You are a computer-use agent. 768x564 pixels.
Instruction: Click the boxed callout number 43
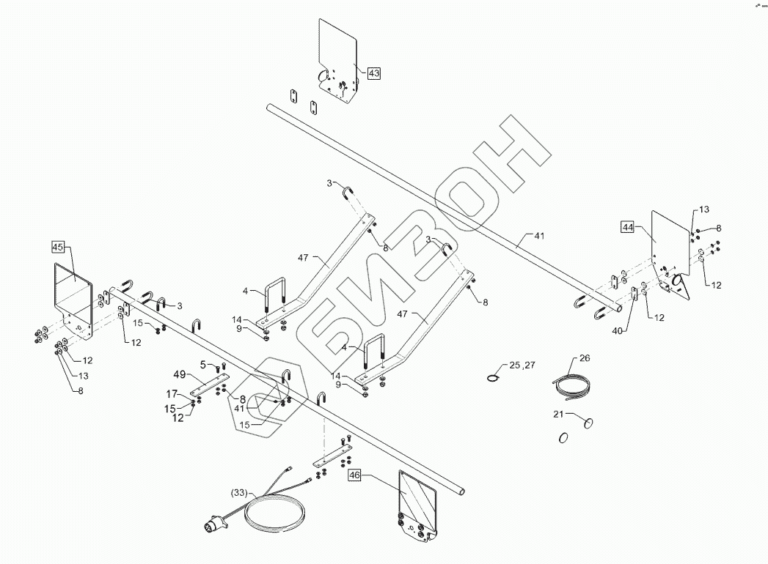(374, 73)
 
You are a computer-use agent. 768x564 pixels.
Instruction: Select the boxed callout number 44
(628, 227)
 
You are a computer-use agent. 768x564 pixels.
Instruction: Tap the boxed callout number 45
(59, 246)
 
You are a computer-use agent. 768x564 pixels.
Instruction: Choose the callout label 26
(584, 359)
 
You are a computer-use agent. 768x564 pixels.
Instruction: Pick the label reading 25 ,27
(524, 364)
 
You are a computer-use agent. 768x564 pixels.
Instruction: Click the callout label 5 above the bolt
(202, 364)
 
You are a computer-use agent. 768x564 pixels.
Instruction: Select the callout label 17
(171, 393)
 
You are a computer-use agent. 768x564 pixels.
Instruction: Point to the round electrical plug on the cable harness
(210, 524)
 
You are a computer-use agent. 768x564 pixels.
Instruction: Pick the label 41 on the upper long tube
(539, 236)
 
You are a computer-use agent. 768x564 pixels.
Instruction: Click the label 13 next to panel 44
(704, 209)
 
